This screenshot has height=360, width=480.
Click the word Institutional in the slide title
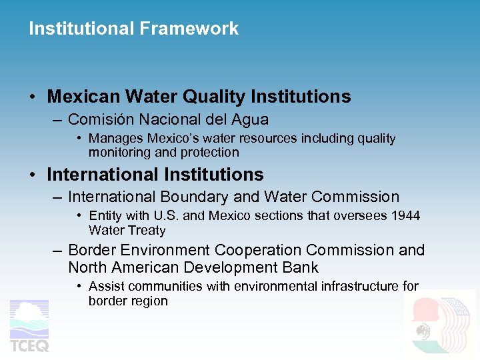(x=83, y=29)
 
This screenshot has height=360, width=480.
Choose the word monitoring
(x=117, y=152)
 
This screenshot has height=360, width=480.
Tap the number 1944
(x=406, y=215)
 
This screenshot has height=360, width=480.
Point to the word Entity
(x=105, y=215)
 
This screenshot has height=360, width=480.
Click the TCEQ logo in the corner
(x=29, y=326)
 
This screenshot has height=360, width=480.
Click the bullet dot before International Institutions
(x=33, y=175)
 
